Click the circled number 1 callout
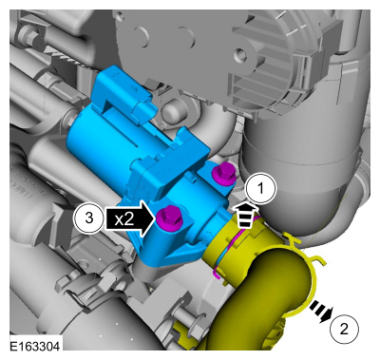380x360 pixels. pyautogui.click(x=260, y=188)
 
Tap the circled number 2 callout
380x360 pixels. pyautogui.click(x=344, y=329)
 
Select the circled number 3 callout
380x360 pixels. pyautogui.click(x=89, y=218)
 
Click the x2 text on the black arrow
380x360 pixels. pyautogui.click(x=124, y=218)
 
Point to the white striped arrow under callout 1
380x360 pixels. pyautogui.click(x=245, y=216)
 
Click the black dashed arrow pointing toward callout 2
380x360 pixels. pyautogui.click(x=320, y=312)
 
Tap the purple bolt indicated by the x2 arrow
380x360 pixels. pyautogui.click(x=169, y=218)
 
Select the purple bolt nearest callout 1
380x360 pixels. pyautogui.click(x=224, y=175)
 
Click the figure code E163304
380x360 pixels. pyautogui.click(x=34, y=346)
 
